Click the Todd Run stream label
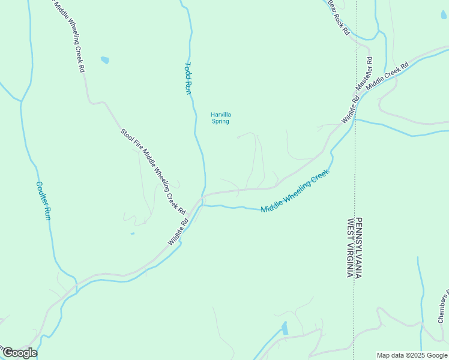[187, 78]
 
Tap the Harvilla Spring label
[221, 118]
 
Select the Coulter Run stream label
[43, 200]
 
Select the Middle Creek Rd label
[387, 76]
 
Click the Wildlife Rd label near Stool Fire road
[178, 231]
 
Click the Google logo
[19, 353]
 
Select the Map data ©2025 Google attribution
[411, 355]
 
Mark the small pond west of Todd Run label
[106, 60]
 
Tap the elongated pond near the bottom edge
[285, 328]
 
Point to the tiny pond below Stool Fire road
[132, 233]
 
